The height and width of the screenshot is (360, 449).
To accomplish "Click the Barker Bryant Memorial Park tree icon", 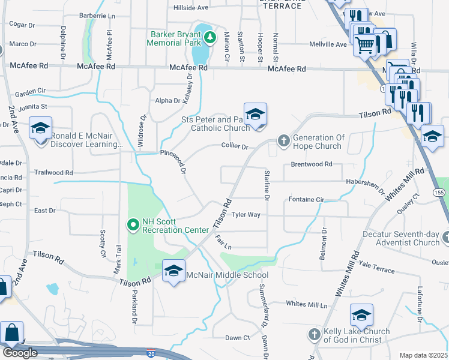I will coord(209,38).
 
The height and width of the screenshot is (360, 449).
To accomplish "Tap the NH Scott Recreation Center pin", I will coord(133,225).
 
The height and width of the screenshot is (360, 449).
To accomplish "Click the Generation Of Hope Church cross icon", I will coord(284,142).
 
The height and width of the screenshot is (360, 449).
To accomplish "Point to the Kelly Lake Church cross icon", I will coord(314,335).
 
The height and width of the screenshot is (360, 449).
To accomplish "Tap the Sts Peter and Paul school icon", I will coord(255,114).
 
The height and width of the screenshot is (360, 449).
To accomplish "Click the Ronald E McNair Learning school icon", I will coord(41,128).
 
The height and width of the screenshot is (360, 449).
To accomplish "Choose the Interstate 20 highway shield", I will coord(151,353).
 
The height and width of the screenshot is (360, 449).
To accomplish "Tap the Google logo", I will coord(20,353).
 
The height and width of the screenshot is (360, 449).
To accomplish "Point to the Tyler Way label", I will coord(246,214).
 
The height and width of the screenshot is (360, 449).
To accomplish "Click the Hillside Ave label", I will coord(190,8).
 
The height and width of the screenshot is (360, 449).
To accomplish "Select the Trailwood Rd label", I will coord(54,172).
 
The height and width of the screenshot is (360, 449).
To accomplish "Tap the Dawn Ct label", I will coord(237,338).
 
